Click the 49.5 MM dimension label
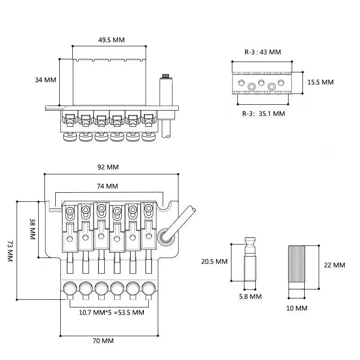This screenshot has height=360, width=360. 111,40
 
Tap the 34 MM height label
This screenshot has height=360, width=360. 45,80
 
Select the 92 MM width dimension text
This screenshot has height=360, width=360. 108,167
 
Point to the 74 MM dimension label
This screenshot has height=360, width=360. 107,186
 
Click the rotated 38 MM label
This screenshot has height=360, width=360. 33,229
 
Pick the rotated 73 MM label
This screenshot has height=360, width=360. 10,251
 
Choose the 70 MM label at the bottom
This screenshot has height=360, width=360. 103,341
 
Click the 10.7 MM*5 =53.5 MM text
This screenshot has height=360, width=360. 111,312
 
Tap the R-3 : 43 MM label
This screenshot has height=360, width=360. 262,52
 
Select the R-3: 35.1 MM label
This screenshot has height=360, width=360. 263,114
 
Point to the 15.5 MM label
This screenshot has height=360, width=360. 320,82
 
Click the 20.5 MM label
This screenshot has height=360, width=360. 214,262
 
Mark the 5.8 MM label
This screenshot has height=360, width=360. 250,297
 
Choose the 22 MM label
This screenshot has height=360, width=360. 334,265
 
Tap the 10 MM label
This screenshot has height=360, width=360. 297,308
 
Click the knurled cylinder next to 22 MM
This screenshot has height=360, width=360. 297,267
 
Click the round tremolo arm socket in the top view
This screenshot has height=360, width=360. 166,237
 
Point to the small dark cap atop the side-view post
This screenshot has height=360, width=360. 166,76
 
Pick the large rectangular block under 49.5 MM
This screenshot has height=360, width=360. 109,82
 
